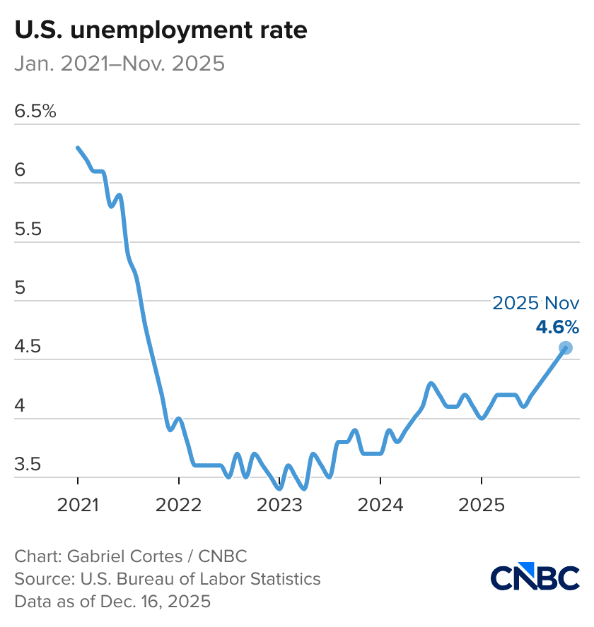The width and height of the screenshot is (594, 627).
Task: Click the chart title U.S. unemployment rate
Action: (161, 30)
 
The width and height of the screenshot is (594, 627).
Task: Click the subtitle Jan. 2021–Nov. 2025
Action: (120, 64)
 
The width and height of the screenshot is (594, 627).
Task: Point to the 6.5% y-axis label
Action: (35, 112)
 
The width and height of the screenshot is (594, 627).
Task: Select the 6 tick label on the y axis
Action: (21, 170)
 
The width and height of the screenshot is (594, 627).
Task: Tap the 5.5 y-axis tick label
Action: (29, 229)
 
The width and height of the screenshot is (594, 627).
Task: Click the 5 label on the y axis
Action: (21, 289)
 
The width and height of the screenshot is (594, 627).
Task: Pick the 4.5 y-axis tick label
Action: (29, 347)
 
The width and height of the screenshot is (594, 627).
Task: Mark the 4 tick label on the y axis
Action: (21, 407)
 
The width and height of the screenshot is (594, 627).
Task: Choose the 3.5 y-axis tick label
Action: (29, 465)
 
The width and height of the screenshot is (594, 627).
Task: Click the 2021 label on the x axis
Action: (78, 506)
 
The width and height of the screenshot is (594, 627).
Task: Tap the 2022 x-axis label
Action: (179, 506)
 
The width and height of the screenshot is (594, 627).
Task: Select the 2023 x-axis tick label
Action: (279, 506)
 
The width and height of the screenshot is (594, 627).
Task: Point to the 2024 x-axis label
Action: (380, 506)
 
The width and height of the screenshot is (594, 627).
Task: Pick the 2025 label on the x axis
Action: (481, 506)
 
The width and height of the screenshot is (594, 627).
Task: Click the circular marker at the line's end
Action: (565, 347)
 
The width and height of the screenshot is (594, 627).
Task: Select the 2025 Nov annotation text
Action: (536, 304)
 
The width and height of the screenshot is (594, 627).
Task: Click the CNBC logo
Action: (535, 578)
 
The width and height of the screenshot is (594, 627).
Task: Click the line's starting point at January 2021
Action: (78, 148)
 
